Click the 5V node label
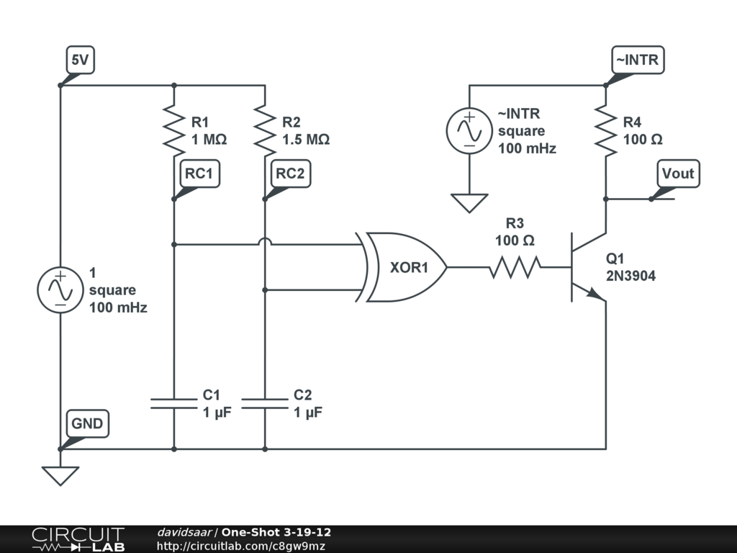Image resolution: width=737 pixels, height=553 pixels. (x=81, y=60)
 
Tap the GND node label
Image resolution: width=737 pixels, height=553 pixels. (x=87, y=423)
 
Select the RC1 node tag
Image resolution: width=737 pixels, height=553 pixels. (x=199, y=174)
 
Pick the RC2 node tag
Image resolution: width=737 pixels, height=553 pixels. (x=290, y=174)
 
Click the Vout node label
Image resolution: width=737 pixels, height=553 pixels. (x=678, y=174)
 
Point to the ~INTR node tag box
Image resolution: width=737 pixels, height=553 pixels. (x=638, y=60)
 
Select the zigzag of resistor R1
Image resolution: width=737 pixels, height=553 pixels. (x=174, y=131)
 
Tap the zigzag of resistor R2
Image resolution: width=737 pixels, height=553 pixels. (x=265, y=131)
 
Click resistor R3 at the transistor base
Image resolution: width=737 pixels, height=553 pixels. (x=515, y=267)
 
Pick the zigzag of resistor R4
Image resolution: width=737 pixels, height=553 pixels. (x=606, y=131)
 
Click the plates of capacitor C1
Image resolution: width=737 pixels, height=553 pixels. (x=174, y=403)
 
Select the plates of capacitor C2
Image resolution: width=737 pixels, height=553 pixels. (x=265, y=403)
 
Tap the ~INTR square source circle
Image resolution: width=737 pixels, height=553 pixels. (x=469, y=131)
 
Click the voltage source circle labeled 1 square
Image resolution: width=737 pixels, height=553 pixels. (x=60, y=289)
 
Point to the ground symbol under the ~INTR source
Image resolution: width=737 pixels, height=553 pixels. (x=469, y=203)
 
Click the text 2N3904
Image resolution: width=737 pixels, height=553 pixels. (x=630, y=276)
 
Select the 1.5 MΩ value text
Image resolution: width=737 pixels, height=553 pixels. (x=306, y=140)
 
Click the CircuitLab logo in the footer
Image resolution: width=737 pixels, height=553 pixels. (x=78, y=539)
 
